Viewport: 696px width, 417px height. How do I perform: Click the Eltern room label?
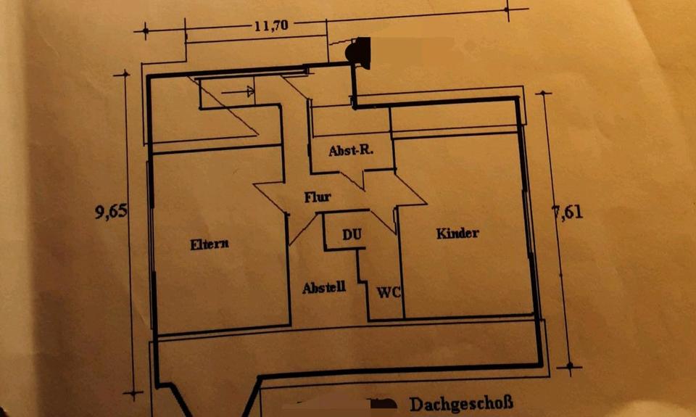click(210, 244)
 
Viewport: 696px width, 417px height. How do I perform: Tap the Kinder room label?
click(457, 234)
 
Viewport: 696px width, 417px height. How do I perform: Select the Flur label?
click(318, 197)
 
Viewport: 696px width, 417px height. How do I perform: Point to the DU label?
click(352, 235)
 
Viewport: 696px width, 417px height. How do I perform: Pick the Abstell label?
click(323, 287)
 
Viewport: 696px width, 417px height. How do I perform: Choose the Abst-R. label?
click(350, 152)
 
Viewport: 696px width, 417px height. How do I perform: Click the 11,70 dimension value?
click(272, 25)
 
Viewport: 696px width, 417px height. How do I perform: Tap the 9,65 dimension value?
click(111, 211)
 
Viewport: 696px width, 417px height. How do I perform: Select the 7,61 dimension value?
click(568, 212)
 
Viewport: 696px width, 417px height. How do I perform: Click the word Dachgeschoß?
click(461, 404)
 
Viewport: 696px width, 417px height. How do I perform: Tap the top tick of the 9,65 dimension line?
click(126, 73)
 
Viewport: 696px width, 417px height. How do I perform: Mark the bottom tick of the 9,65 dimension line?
click(133, 394)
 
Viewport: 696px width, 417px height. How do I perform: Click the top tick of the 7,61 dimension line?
click(544, 93)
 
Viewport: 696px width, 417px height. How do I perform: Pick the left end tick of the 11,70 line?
click(146, 31)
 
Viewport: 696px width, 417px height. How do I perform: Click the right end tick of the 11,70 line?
click(507, 10)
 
